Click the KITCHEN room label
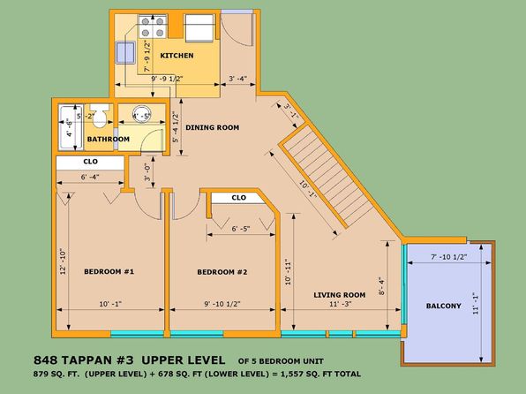tap(177, 56)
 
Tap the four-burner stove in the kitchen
tap(153, 27)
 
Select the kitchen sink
tap(125, 52)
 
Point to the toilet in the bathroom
tap(100, 116)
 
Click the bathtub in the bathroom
tap(71, 127)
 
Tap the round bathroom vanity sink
tap(141, 112)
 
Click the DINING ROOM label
tap(213, 127)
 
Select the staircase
tap(326, 176)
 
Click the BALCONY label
tap(443, 306)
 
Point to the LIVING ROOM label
tap(340, 295)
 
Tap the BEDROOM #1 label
tap(109, 271)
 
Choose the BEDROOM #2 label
tap(222, 272)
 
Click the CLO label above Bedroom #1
tap(91, 162)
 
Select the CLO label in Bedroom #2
tap(239, 198)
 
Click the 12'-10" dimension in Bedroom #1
tap(63, 261)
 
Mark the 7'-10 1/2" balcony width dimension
tap(449, 257)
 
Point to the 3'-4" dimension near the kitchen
tap(237, 79)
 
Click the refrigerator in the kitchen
tap(199, 28)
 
